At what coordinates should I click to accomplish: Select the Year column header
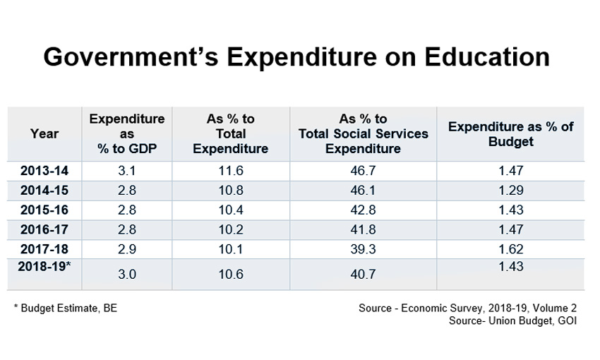pos(44,133)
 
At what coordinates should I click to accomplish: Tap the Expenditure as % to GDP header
pos(127,133)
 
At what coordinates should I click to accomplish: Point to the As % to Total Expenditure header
pos(230,133)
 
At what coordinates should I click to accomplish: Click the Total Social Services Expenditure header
pos(363,133)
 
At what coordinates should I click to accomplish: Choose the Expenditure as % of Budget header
pos(510,133)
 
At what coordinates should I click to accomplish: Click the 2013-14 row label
pos(44,170)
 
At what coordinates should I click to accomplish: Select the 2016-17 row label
pos(44,229)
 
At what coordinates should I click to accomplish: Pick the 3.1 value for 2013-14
pos(127,170)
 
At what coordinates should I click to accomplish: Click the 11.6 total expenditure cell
pos(230,170)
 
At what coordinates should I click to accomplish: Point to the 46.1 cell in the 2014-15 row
pos(363,190)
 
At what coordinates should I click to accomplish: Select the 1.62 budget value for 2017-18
pos(510,248)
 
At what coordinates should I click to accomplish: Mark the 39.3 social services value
pos(363,248)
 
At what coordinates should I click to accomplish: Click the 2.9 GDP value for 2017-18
pos(127,248)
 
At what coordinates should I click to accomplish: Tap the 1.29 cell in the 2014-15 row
pos(510,190)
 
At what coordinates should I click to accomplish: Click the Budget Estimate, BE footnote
pos(61,308)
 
